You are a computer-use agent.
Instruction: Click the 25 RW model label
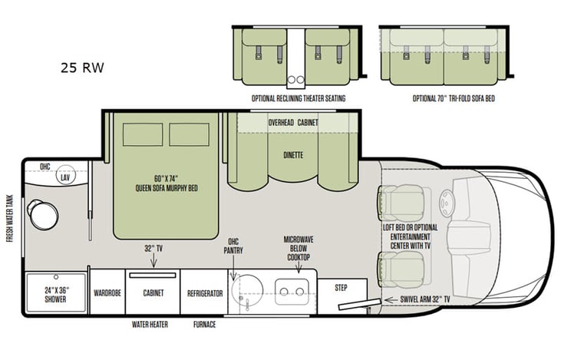point(82,68)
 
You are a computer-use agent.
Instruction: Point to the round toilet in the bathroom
point(43,214)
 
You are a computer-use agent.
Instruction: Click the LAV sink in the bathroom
point(66,178)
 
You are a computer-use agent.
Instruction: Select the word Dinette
point(292,155)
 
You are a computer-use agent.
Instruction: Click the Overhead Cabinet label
point(292,122)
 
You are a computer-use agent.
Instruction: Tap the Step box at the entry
point(342,288)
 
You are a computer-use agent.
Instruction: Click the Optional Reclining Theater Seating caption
point(298,99)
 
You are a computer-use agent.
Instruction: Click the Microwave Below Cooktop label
point(296,248)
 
